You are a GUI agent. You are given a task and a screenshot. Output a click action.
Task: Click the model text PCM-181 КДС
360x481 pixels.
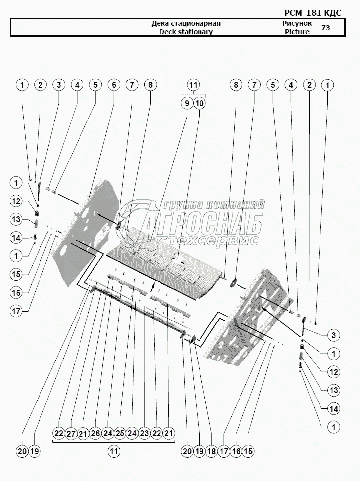pyautogui.click(x=313, y=13)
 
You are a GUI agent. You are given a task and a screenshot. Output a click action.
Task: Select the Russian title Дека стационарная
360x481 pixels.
pyautogui.click(x=185, y=23)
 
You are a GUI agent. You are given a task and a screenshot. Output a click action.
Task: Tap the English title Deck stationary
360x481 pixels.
pyautogui.click(x=186, y=32)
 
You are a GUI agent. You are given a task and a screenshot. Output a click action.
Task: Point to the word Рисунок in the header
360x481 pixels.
pyautogui.click(x=297, y=23)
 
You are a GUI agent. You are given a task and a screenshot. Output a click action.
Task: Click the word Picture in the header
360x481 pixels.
pyautogui.click(x=297, y=32)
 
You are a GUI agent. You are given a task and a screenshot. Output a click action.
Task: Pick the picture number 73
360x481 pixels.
pyautogui.click(x=325, y=28)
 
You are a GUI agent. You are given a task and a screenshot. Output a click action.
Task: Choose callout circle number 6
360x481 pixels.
pyautogui.click(x=114, y=85)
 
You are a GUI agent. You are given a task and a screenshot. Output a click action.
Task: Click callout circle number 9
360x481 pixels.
pyautogui.click(x=186, y=103)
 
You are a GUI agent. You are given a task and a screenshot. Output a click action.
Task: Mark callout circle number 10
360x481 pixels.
pyautogui.click(x=200, y=103)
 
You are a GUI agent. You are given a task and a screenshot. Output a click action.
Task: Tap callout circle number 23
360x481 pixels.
pyautogui.click(x=144, y=434)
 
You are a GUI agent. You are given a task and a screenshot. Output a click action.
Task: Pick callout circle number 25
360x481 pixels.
pyautogui.click(x=120, y=434)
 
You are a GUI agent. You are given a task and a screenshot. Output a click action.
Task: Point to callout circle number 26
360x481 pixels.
pyautogui.click(x=96, y=434)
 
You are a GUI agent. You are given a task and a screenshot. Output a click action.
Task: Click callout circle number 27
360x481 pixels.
pyautogui.click(x=71, y=434)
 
